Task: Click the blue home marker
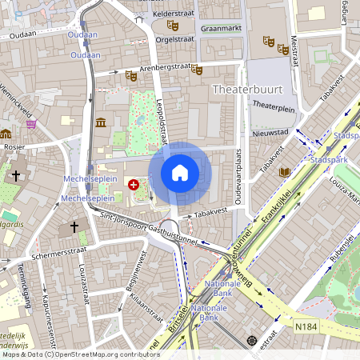(x=180, y=173)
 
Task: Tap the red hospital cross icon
(x=133, y=184)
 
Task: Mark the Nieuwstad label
(x=269, y=133)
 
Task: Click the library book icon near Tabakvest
(x=285, y=172)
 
